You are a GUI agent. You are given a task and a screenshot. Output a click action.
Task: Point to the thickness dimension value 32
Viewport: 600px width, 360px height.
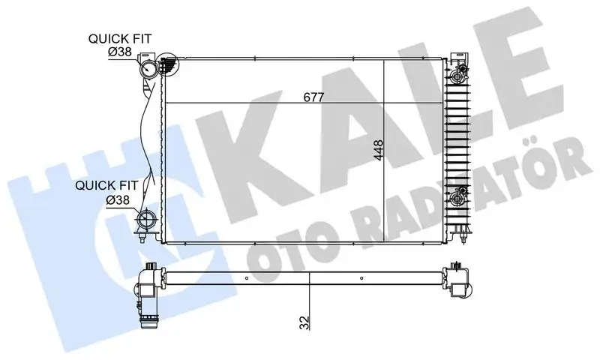coord(303,322)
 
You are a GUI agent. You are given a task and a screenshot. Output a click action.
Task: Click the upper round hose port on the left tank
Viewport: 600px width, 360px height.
coord(149,69)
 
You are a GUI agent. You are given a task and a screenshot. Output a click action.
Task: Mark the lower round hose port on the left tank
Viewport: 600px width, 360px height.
coord(147,221)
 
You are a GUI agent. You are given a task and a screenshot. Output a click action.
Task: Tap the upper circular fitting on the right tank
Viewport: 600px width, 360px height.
coord(456,76)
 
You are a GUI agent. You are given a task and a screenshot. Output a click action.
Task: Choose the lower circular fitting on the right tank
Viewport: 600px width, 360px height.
coord(456,199)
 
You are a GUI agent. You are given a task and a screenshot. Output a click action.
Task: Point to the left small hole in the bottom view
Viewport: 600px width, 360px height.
coord(245,277)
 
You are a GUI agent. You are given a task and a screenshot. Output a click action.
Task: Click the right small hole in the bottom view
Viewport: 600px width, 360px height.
coord(363,277)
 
